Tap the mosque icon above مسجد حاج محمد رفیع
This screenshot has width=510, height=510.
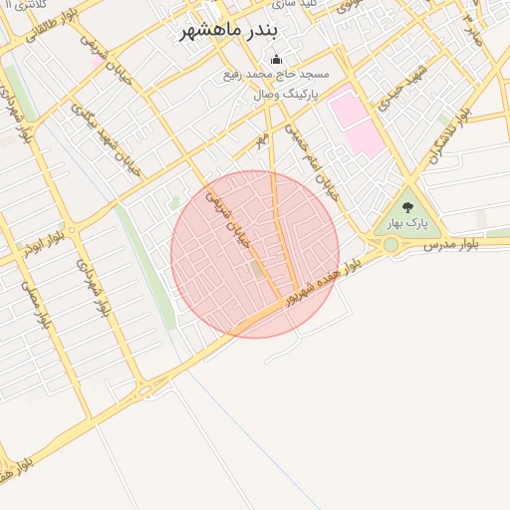(276, 60)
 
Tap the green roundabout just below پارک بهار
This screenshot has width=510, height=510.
(390, 244)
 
